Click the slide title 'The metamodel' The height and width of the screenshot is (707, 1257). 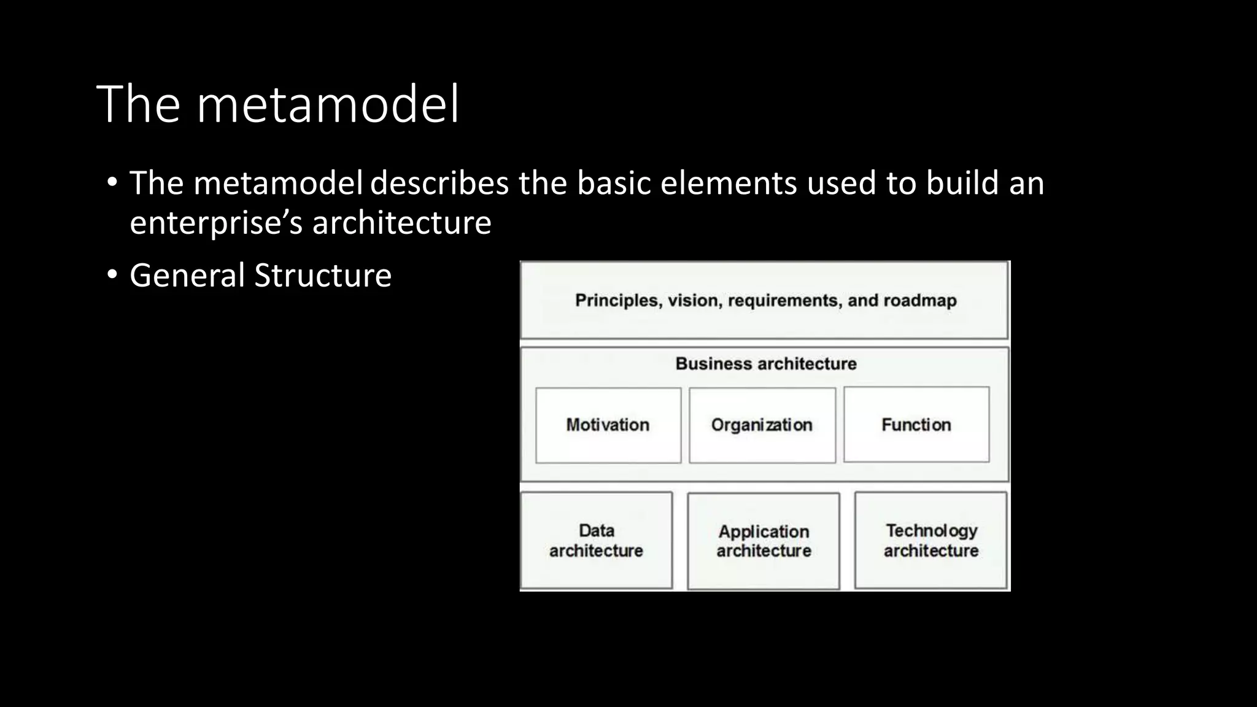click(277, 104)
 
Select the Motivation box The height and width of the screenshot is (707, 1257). click(608, 425)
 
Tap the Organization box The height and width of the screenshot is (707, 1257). click(762, 425)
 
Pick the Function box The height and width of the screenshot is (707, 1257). click(916, 425)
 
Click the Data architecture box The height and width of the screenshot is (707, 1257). click(596, 540)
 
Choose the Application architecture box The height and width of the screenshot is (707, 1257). click(764, 541)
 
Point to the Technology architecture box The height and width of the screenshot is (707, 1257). click(930, 540)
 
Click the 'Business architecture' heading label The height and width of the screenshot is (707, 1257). click(765, 363)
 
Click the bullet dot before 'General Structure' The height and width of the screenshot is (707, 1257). click(111, 275)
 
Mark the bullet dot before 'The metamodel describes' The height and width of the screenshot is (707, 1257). click(111, 183)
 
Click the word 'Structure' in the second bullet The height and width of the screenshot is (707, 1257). click(323, 275)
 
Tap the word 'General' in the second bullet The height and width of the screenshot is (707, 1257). click(187, 275)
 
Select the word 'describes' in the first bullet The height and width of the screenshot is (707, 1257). click(439, 183)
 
